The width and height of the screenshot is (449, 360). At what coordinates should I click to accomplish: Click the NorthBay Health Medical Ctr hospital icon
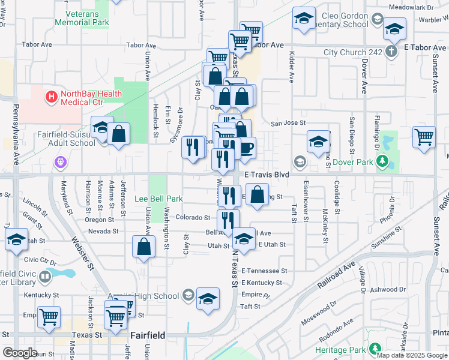pos(52,95)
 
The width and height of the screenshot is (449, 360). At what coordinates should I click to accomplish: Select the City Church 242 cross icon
pos(391,52)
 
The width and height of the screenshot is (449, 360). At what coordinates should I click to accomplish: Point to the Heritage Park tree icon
pos(375,349)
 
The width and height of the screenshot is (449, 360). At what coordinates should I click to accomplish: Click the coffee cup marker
pos(246,146)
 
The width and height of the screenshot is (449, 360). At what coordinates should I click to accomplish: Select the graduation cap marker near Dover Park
pos(318,142)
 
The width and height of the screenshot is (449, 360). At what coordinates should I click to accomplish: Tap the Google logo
pos(20,353)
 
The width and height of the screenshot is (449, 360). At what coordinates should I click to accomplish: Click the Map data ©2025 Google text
pos(412,355)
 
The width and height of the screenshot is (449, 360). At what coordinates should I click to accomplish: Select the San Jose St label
pos(283,123)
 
